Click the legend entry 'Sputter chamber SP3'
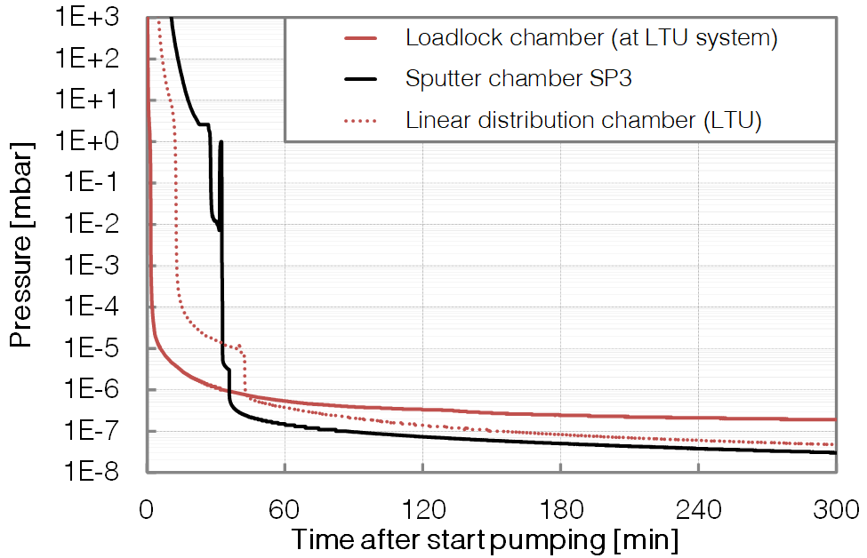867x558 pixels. point(518,78)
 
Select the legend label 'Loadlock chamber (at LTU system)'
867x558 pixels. point(591,38)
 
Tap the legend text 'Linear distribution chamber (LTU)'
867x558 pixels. point(583,120)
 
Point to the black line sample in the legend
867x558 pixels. point(361,79)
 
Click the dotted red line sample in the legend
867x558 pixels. point(361,120)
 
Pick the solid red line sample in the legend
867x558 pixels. point(361,38)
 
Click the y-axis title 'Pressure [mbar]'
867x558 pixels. point(22,243)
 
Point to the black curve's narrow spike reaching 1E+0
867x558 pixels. point(221,144)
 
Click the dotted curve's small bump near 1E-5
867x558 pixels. point(239,347)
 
